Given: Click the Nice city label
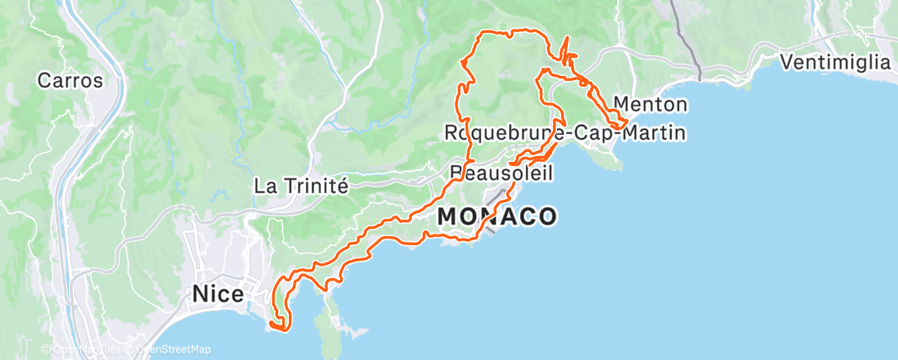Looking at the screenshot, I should (218, 293).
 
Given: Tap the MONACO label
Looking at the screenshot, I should (497, 216).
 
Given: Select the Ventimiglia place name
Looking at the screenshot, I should (835, 63).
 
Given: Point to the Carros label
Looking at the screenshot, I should (70, 81).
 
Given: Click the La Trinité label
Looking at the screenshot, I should (302, 186).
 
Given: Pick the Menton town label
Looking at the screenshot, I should (651, 105).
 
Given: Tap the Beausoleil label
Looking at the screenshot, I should (502, 173).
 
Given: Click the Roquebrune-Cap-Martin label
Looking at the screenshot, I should (565, 132).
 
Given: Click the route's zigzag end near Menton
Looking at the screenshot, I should (621, 124).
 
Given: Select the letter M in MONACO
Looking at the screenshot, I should (447, 216).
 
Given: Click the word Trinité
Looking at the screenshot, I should (319, 186).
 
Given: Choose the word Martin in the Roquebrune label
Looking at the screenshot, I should (657, 132).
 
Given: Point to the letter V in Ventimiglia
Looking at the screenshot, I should (787, 63).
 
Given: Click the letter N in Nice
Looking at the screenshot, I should (199, 293).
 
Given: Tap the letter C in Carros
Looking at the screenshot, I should (45, 81).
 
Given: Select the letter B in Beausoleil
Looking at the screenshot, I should (457, 173).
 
